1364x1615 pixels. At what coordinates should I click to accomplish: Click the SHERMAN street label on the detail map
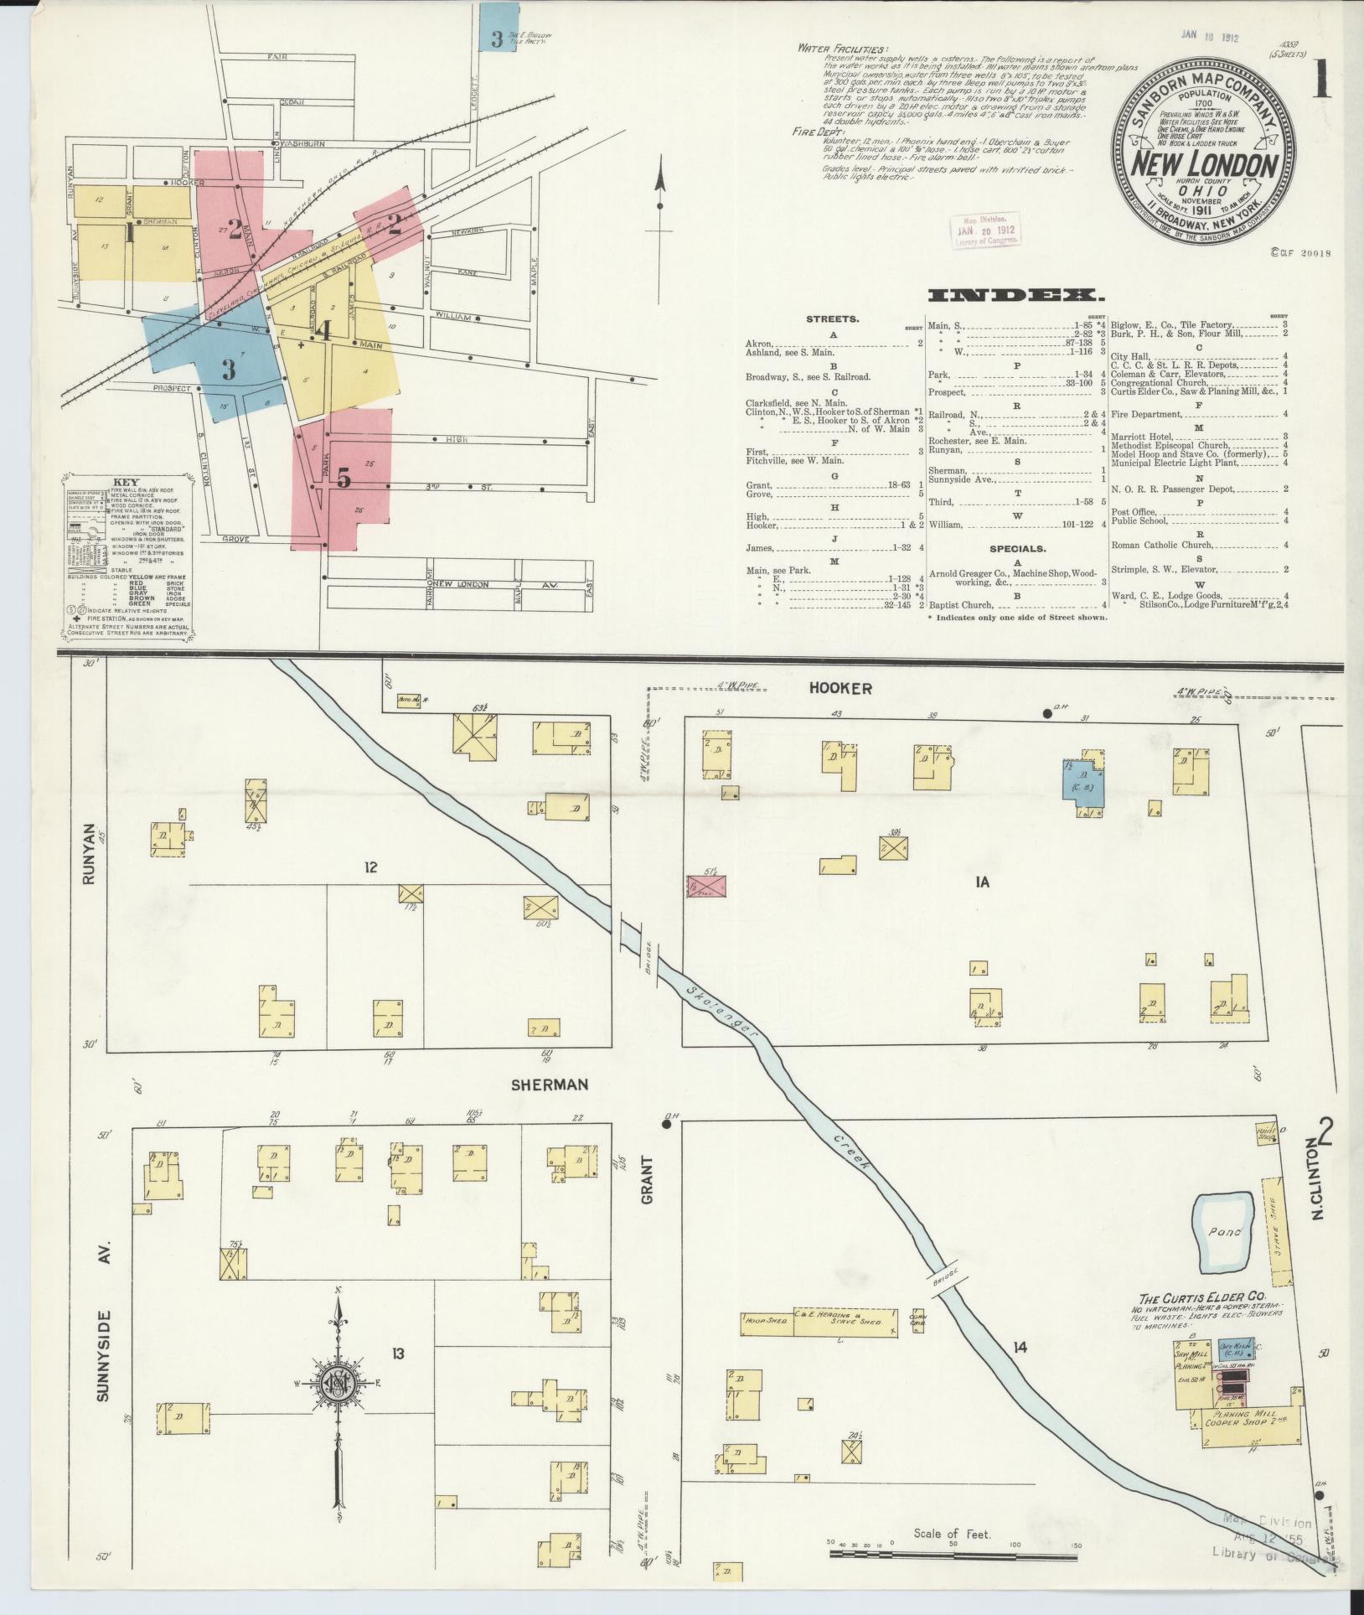(550, 1084)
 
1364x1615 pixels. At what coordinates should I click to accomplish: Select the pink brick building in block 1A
(706, 887)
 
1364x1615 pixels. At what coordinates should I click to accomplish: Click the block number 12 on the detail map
(370, 867)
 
